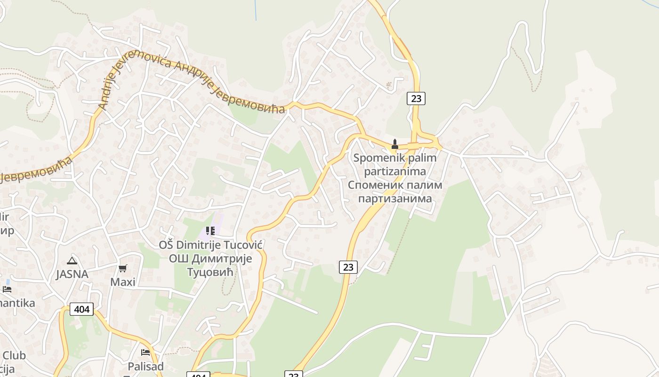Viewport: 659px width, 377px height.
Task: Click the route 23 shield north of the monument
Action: pos(416,98)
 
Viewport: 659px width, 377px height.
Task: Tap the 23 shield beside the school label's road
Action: pos(348,267)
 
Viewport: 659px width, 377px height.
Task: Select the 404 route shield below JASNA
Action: pos(82,309)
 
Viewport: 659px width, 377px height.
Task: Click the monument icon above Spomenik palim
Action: pos(395,144)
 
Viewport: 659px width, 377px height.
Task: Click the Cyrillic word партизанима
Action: pos(395,198)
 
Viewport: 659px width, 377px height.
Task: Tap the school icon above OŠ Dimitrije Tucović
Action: pos(210,231)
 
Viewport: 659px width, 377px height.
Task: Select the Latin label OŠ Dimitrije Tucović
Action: pos(210,245)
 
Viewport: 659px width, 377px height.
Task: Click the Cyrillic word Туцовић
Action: pos(210,272)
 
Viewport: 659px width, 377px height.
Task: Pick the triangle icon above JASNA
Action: pos(72,261)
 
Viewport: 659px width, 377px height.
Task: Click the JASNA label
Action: pos(72,274)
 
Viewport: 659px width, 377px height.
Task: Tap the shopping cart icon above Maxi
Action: pos(123,269)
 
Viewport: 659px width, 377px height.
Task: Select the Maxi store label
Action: pos(123,282)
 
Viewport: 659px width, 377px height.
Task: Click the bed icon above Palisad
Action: pos(145,352)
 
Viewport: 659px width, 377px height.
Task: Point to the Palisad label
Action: pos(145,366)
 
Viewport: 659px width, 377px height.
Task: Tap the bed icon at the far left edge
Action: pos(7,289)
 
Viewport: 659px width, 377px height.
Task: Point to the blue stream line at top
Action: pos(256,9)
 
